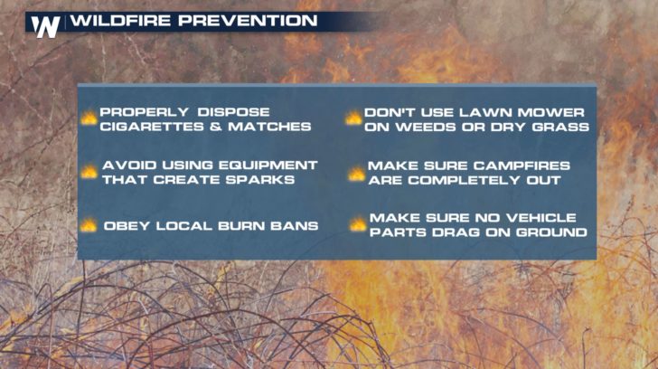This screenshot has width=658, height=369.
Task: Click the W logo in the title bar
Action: pyautogui.click(x=45, y=27)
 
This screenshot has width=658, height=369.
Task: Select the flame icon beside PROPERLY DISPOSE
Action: pyautogui.click(x=89, y=118)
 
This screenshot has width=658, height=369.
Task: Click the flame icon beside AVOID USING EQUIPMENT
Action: pyautogui.click(x=89, y=171)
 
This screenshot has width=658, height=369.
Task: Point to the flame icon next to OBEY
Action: pyautogui.click(x=89, y=225)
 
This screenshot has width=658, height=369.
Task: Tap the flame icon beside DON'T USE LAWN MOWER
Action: pyautogui.click(x=353, y=118)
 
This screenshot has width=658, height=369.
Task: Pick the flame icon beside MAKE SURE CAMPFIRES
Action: pyautogui.click(x=356, y=174)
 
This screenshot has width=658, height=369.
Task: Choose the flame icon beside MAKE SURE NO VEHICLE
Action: pyautogui.click(x=358, y=223)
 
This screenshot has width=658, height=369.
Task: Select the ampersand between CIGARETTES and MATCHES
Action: pyautogui.click(x=216, y=127)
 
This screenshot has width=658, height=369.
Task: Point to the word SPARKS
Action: pyautogui.click(x=260, y=180)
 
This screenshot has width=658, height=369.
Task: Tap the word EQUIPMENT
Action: pyautogui.click(x=268, y=165)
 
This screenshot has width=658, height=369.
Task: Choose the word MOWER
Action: pyautogui.click(x=550, y=112)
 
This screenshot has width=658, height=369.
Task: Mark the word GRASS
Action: pyautogui.click(x=560, y=127)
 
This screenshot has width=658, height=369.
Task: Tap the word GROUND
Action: pyautogui.click(x=551, y=232)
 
